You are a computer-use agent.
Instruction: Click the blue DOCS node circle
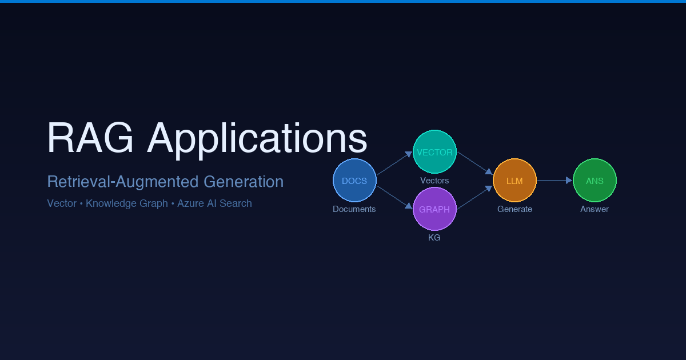point(354,181)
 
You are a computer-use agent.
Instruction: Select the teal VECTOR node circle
point(434,152)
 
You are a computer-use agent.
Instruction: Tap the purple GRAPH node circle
point(434,209)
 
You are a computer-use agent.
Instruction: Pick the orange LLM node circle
point(514,181)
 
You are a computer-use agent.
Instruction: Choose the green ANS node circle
point(595,181)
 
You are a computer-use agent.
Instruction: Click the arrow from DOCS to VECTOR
point(394,164)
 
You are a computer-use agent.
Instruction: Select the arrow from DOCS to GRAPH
point(394,197)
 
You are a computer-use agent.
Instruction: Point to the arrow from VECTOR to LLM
point(474,163)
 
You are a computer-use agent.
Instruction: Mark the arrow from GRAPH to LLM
point(474,198)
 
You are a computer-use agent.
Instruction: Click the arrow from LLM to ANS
point(555,181)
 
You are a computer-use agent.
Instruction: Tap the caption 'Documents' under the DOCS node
point(354,209)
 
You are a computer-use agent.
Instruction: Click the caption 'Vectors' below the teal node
point(434,181)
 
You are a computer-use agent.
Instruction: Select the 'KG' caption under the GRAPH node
point(434,238)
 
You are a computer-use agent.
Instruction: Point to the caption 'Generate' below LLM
point(514,209)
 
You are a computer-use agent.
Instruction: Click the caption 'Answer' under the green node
point(595,209)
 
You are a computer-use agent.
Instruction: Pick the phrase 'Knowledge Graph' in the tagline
point(127,204)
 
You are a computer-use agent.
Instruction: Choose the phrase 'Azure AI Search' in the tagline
point(214,203)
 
